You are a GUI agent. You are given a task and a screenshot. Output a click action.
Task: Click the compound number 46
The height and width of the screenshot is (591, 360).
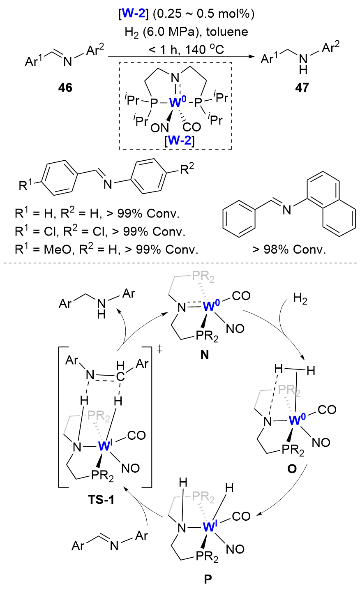66,88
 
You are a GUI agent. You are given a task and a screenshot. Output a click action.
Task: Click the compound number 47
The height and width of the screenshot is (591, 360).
302,88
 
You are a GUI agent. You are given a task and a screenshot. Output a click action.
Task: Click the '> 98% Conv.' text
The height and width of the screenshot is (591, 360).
289,249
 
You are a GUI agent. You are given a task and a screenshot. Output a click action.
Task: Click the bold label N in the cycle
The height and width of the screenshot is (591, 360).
204,354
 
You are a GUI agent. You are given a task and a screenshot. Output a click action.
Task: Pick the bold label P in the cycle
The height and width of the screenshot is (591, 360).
208,579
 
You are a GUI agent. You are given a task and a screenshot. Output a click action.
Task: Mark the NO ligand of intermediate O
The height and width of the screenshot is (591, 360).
321,442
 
